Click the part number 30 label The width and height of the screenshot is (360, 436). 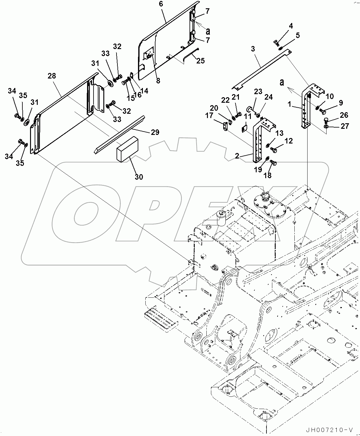(x=139, y=177)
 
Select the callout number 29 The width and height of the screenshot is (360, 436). (x=155, y=132)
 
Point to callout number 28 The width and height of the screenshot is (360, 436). (x=52, y=76)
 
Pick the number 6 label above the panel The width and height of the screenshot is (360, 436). (x=161, y=4)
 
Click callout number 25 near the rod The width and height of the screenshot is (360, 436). (x=200, y=61)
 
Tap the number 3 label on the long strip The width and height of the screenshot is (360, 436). (x=253, y=49)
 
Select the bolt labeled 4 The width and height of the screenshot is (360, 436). (x=275, y=42)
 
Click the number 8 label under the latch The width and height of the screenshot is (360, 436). (x=158, y=81)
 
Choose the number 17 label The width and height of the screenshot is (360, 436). (x=209, y=116)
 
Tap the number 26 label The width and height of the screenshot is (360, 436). (x=344, y=115)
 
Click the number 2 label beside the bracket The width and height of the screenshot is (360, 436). (x=237, y=156)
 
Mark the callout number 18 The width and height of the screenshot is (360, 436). (x=268, y=175)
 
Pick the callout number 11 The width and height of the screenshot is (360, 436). (x=248, y=117)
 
